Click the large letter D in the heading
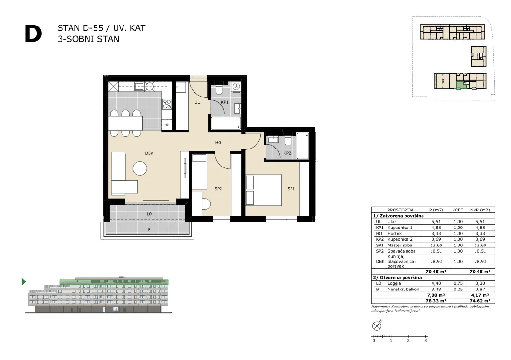click(33, 34)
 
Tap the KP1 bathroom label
click(225, 102)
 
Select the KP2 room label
click(287, 153)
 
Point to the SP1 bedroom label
click(291, 189)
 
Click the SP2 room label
click(218, 189)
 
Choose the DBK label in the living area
click(149, 153)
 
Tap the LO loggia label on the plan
click(149, 214)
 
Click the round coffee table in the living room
click(140, 168)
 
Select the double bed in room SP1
click(264, 190)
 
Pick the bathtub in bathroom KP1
click(226, 123)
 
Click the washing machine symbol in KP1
click(237, 87)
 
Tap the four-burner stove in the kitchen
click(167, 104)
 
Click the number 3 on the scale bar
click(426, 341)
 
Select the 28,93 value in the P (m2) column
click(436, 261)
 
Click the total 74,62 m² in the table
click(480, 301)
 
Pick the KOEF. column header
click(458, 210)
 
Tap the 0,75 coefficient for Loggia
click(458, 283)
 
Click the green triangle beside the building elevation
click(24, 281)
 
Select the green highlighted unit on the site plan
click(459, 85)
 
